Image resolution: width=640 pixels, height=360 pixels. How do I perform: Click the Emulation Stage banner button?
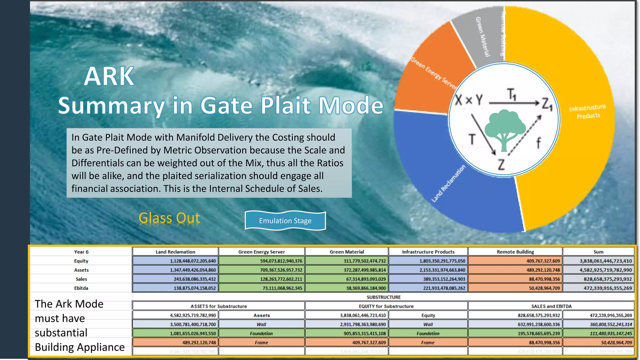tap(285, 221)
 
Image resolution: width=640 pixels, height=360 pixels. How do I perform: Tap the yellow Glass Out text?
tap(169, 218)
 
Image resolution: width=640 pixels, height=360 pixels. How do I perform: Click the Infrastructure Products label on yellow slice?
tap(587, 112)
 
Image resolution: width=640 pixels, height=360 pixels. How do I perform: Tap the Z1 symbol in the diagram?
tap(547, 104)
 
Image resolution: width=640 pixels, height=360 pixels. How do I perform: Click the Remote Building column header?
tap(515, 252)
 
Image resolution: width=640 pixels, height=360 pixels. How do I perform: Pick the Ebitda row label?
tap(81, 288)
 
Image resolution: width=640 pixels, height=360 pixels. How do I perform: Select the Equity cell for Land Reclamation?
tap(175, 261)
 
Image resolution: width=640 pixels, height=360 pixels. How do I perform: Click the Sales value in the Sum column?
tap(598, 279)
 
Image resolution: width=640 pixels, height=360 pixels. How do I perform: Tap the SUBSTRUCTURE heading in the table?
tap(383, 297)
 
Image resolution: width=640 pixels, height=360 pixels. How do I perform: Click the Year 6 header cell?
tap(81, 252)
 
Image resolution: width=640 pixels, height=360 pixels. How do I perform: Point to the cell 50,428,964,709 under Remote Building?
tap(515, 288)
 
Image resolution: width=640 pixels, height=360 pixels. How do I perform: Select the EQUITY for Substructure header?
tap(386, 306)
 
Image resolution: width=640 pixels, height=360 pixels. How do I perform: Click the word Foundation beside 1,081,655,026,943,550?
tap(261, 333)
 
